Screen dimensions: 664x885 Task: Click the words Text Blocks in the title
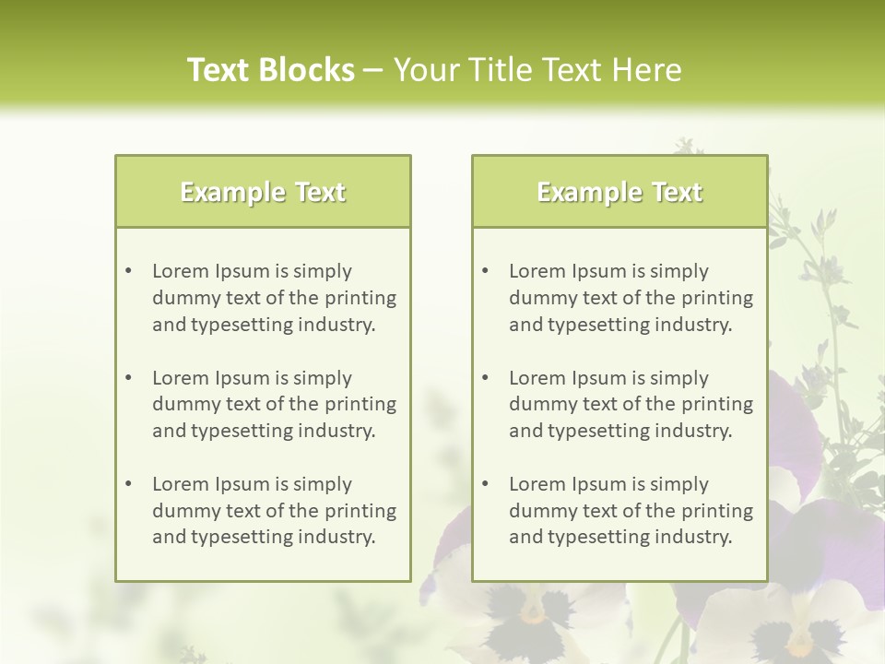pos(270,70)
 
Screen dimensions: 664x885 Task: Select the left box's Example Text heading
pos(263,192)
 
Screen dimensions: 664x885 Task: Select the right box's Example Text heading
pos(619,192)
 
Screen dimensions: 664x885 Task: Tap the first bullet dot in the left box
pos(129,271)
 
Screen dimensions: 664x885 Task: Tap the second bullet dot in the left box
pos(129,378)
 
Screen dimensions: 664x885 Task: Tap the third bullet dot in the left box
pos(129,484)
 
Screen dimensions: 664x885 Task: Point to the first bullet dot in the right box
pos(486,271)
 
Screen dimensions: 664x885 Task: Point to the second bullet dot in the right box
pos(486,378)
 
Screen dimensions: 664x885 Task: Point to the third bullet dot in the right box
pos(486,484)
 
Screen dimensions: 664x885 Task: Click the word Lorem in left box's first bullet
pos(181,271)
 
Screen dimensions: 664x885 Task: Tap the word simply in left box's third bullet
pos(322,484)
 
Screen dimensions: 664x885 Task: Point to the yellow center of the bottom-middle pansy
pos(533,612)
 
